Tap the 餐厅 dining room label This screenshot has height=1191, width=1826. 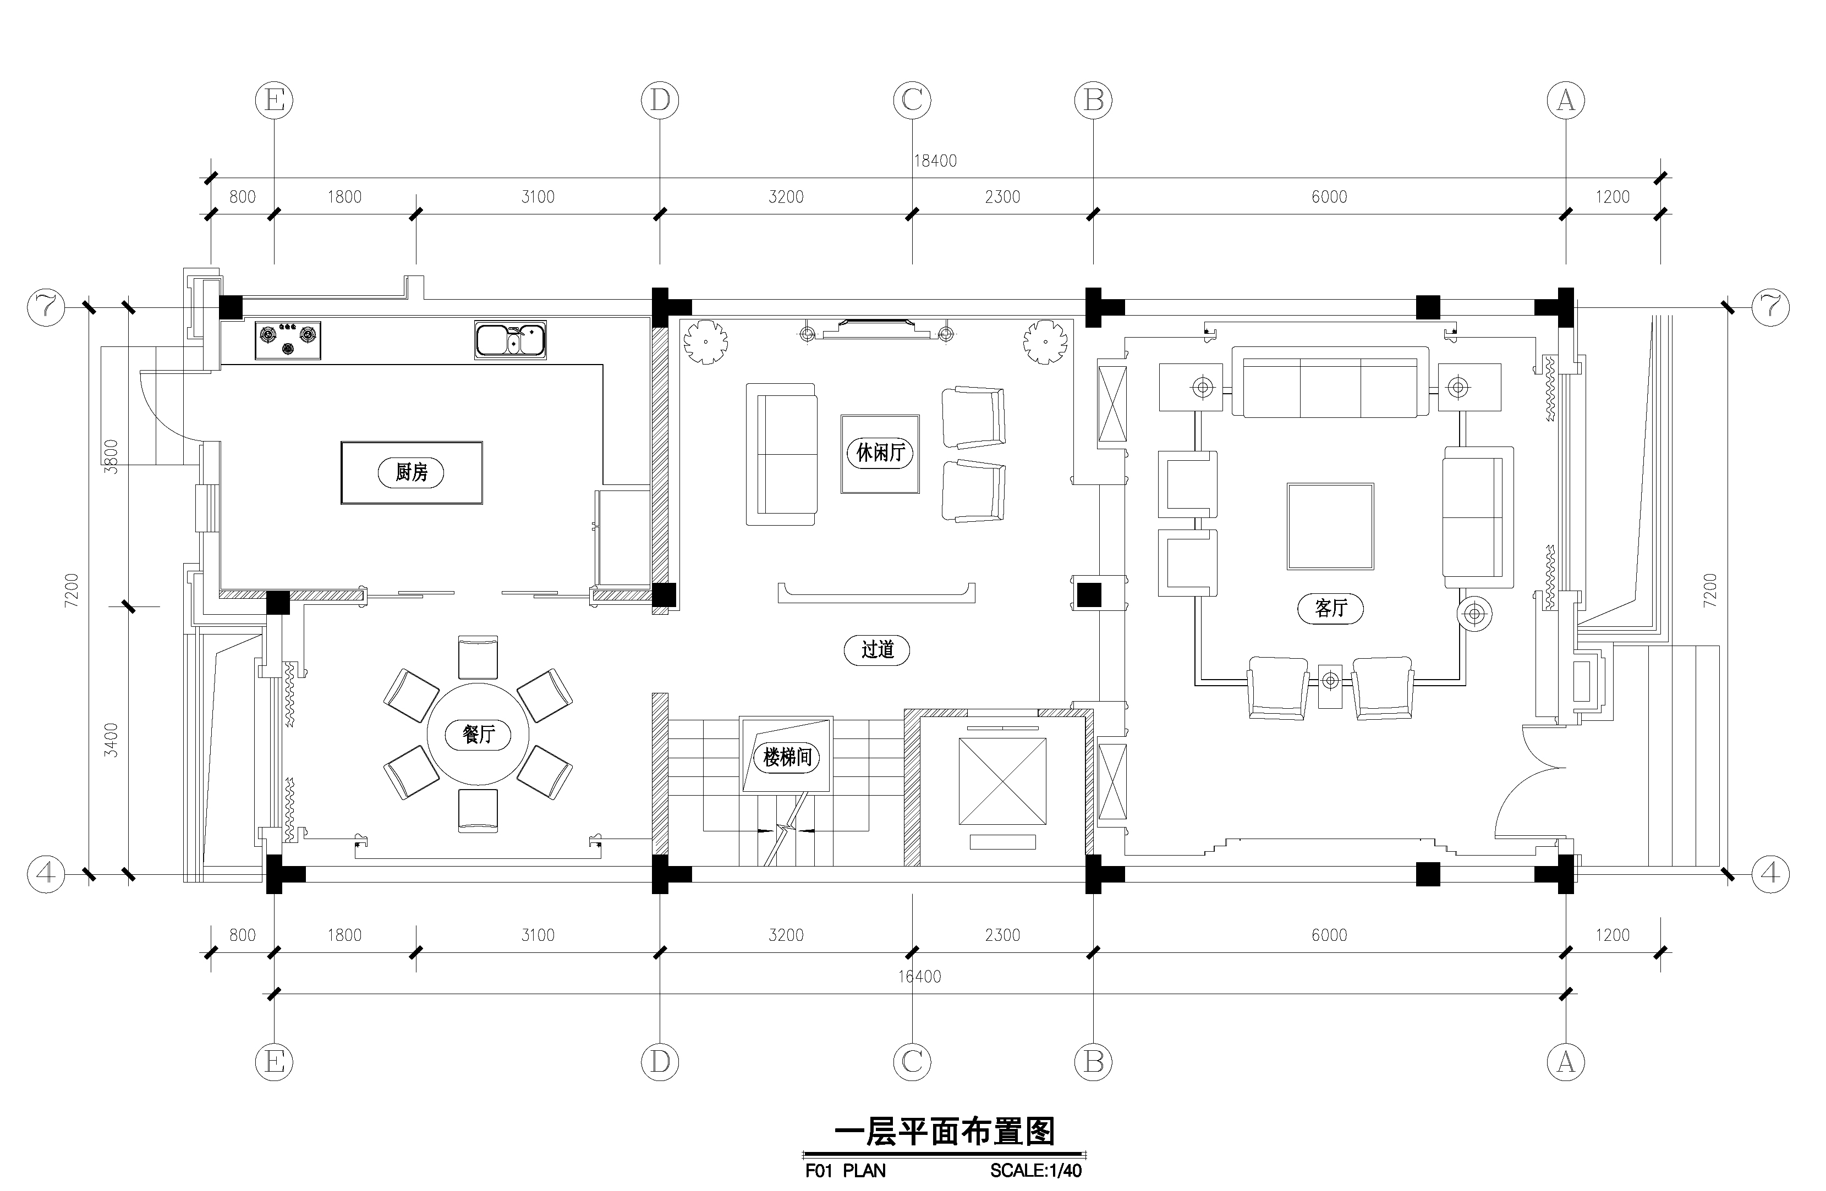pos(478,735)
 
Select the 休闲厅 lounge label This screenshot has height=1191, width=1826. pos(880,453)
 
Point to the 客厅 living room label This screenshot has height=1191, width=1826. pos(1330,608)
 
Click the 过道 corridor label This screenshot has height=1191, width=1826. pos(877,649)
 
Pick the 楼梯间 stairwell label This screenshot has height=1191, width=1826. pos(787,758)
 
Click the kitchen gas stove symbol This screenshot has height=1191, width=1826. pos(288,340)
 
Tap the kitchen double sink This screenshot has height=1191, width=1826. pos(510,340)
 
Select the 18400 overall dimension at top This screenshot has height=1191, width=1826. pos(935,161)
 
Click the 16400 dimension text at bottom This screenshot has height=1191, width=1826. pos(919,976)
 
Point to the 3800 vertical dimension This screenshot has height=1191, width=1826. pos(111,456)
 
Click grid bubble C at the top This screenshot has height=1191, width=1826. pos(912,101)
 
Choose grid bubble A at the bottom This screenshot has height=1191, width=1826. pos(1566,1062)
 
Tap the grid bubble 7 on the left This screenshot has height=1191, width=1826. pos(47,307)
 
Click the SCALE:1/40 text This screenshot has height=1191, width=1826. pos(1036,1170)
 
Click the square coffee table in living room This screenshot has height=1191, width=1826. pos(1330,526)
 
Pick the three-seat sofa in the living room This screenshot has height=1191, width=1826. pos(1330,382)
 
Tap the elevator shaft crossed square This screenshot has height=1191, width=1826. pos(1002,781)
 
